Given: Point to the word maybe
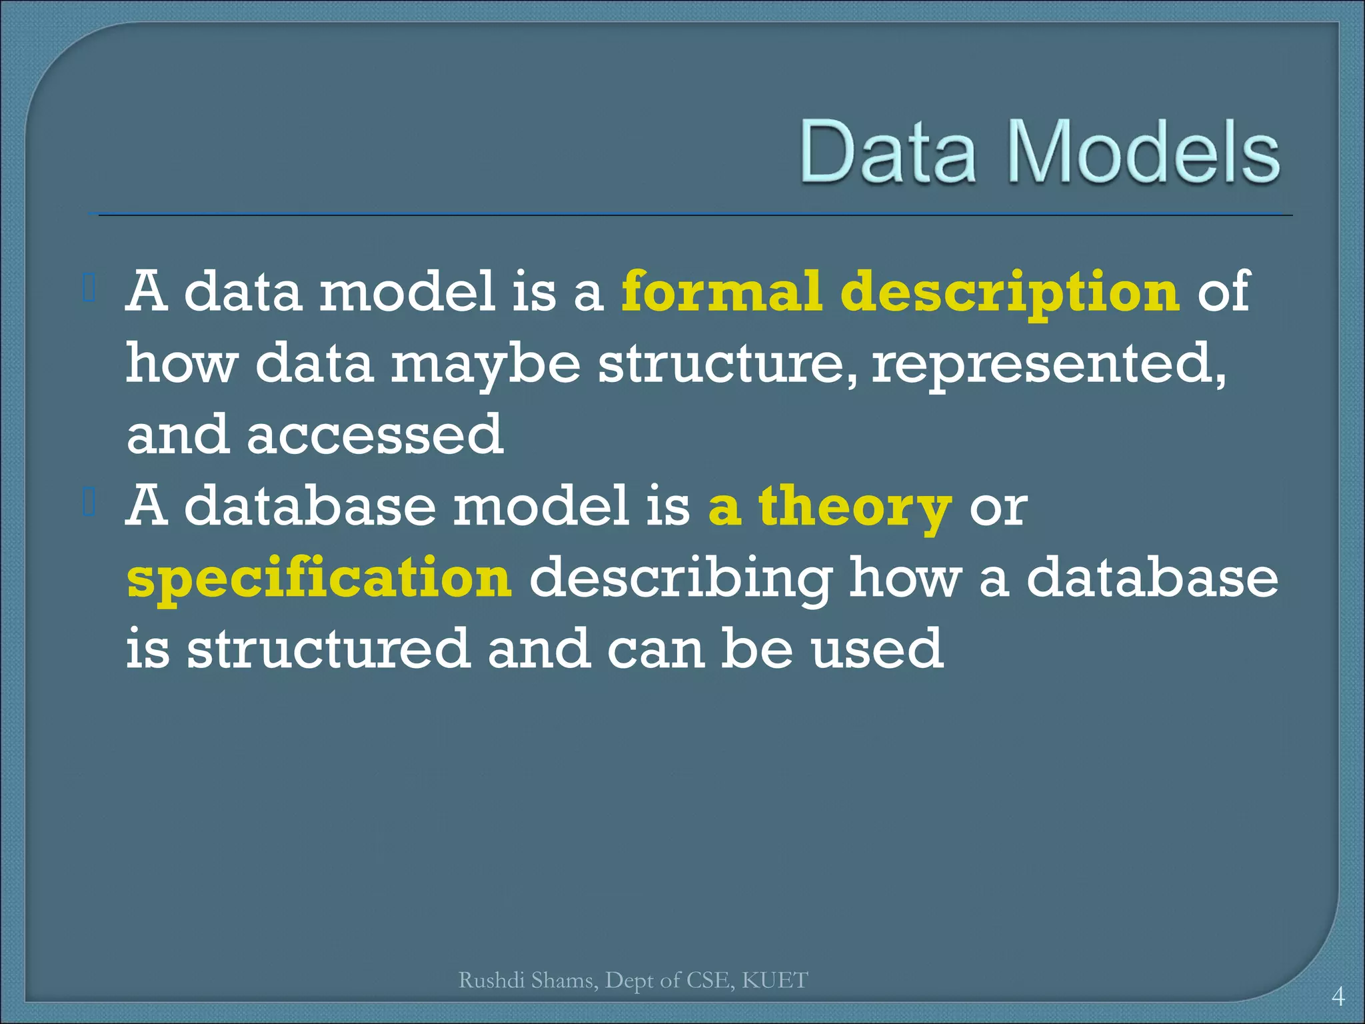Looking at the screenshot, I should coord(485,365).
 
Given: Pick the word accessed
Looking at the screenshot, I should coord(375,435).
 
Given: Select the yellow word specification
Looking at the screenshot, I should coord(319,579).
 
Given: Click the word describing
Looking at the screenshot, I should coord(680,579).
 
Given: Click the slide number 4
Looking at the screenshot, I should coord(1337,997).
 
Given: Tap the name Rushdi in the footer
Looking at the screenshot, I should coord(493,980).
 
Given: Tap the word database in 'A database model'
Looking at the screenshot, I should coord(309,506).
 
